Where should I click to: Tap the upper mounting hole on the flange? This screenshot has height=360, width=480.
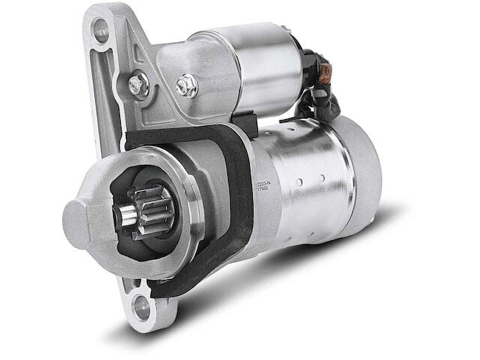click(99, 27)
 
